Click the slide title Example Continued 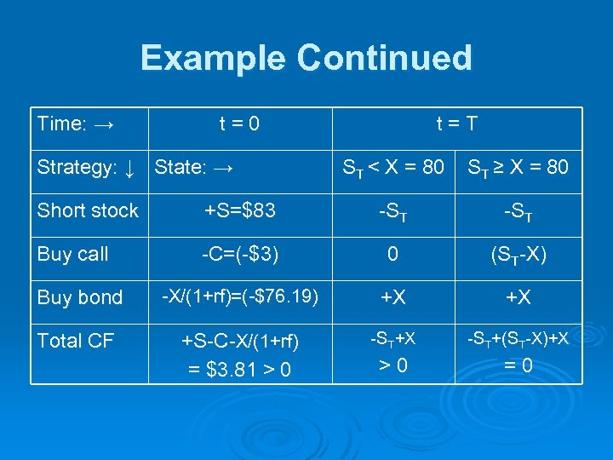click(306, 58)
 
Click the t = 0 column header click(238, 124)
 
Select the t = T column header click(456, 124)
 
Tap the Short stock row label click(88, 210)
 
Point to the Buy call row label click(73, 254)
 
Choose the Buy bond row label click(80, 297)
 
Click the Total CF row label click(76, 341)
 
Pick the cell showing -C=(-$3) click(238, 254)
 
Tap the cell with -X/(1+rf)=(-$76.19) click(239, 296)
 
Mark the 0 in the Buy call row click(392, 254)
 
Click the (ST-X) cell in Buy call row click(518, 254)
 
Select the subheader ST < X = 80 click(392, 168)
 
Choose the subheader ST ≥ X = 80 click(518, 168)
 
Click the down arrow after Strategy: click(129, 168)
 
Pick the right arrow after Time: click(105, 124)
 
